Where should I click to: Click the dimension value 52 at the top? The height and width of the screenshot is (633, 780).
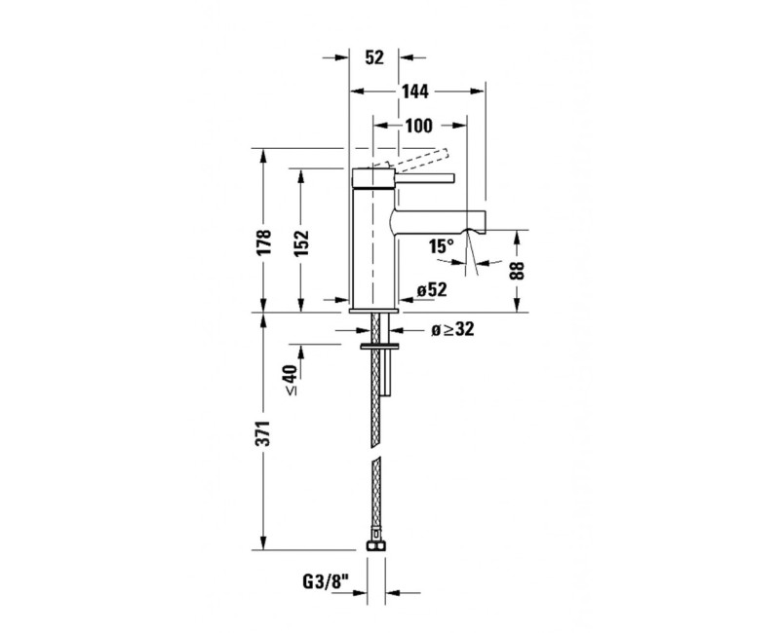[373, 57]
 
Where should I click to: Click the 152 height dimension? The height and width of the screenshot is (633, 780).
[301, 242]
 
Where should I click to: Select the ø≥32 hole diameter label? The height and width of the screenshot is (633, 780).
[452, 330]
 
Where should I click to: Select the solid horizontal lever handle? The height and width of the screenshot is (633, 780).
[419, 178]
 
